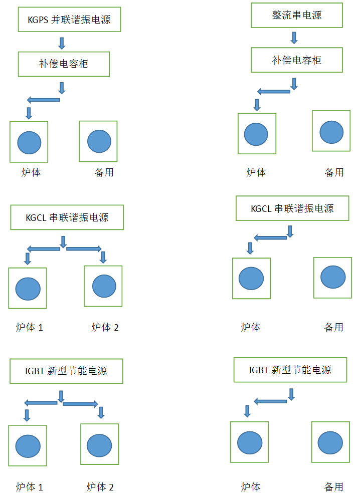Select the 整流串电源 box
(x=297, y=16)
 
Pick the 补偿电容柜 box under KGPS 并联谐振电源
(x=64, y=64)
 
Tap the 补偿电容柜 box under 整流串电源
(x=297, y=60)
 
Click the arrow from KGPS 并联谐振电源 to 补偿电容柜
(x=62, y=43)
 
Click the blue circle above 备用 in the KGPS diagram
(x=99, y=141)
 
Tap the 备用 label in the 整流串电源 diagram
(x=334, y=172)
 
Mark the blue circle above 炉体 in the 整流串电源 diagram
(x=256, y=134)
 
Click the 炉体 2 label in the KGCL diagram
(x=105, y=327)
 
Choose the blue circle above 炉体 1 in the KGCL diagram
(x=28, y=289)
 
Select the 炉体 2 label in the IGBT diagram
(x=100, y=486)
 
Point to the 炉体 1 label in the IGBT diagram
(x=29, y=486)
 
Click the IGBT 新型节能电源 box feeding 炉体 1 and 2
(x=67, y=371)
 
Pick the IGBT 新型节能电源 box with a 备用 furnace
(x=290, y=370)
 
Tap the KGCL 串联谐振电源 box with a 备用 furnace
(x=292, y=208)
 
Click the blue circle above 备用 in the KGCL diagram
(x=333, y=277)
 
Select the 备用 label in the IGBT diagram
(x=333, y=486)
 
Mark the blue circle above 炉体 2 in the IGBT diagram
(x=99, y=444)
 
